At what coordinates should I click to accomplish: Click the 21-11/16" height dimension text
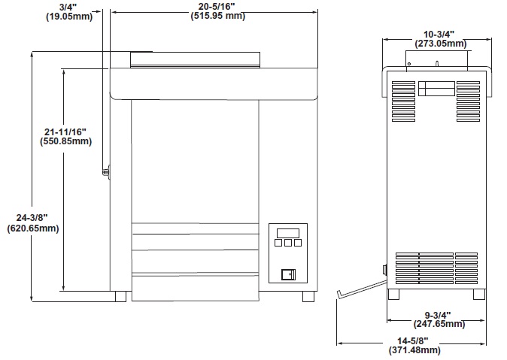coord(66,131)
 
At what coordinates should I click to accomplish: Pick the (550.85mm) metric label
coord(66,141)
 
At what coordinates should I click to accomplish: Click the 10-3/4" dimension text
coord(438,34)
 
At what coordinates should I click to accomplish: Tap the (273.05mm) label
coord(438,44)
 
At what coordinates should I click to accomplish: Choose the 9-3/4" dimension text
coord(439,314)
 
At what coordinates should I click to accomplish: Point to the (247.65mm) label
coord(439,325)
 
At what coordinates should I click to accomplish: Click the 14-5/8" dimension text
coord(414,340)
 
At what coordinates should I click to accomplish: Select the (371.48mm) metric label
coord(414,350)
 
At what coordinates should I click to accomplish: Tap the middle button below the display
coord(288,243)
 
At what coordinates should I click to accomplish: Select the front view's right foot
coord(308,296)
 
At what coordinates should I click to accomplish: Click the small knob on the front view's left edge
coord(107,172)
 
